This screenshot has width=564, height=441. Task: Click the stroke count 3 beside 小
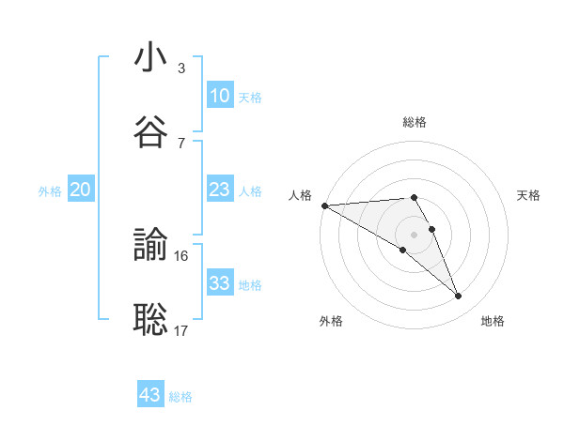180,68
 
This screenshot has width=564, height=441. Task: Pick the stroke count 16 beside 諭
181,255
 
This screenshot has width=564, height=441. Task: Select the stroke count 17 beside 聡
181,330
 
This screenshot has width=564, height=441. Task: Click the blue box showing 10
219,96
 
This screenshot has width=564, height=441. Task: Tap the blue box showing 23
219,190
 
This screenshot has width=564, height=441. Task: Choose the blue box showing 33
219,283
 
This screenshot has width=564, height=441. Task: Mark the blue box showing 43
150,395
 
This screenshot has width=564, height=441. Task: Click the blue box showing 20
81,190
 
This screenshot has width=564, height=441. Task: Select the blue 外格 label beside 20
50,191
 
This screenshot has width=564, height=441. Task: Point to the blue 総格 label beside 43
180,397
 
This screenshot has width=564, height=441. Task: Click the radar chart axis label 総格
415,122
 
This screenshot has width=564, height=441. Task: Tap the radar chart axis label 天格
529,195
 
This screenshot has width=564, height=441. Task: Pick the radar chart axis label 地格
493,321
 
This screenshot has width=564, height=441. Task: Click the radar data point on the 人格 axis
324,205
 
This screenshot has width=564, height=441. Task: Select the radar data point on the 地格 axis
459,297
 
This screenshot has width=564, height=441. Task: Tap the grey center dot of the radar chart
414,234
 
